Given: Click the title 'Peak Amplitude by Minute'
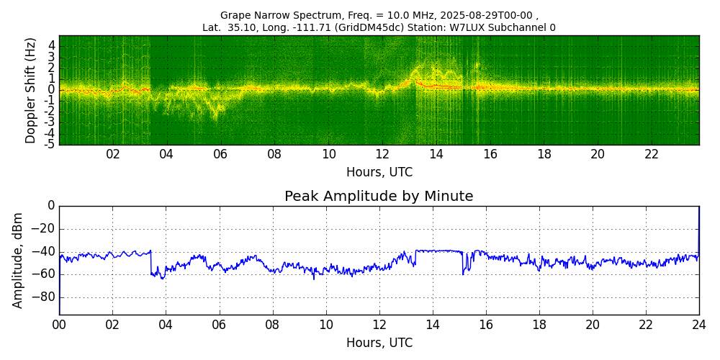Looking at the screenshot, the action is (x=379, y=197).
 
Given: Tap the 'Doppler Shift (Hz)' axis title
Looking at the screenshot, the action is (x=30, y=90).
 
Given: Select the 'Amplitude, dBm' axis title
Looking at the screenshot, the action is (x=17, y=261).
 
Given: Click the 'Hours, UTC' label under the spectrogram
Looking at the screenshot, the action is (x=379, y=173).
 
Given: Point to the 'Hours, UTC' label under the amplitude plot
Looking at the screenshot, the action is (x=379, y=343).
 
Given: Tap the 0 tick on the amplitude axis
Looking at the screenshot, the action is (x=50, y=206).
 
